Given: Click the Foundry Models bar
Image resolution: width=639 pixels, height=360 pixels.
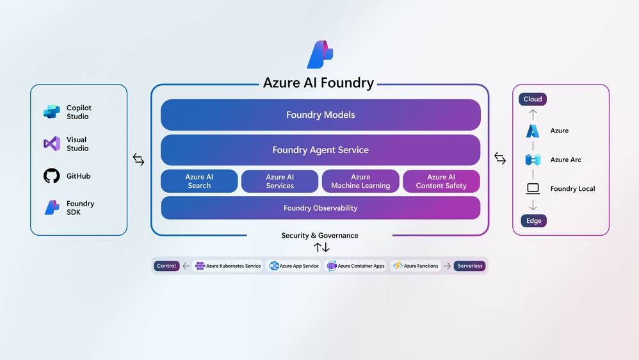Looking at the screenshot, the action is coord(321,115).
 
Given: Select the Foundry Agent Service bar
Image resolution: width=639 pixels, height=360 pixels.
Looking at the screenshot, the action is coord(321,150).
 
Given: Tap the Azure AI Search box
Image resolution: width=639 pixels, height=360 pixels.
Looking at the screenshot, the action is coord(199,181).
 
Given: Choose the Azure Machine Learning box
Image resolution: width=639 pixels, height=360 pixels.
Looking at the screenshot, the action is coord(360,181).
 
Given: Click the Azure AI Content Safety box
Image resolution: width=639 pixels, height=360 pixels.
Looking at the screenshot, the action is coord(441,181).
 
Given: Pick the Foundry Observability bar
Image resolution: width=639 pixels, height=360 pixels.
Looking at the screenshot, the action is coord(321,208).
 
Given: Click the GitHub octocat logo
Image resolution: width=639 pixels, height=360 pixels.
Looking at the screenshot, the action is coord(52,176).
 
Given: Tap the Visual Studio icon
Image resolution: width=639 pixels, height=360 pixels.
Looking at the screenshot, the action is coord(52,143).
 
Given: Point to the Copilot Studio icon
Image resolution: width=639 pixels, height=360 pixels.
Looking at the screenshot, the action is coord(52,111).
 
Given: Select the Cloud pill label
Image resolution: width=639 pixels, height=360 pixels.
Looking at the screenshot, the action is coord(533,99).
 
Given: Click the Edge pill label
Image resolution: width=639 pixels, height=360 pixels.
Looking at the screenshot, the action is coord(534,220).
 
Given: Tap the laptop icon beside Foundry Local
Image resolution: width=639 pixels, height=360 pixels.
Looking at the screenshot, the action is coord(533,188).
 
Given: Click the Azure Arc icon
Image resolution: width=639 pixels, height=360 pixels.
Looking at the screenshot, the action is coord(533,160).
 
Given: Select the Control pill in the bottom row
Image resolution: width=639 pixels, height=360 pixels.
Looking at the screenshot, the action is coord(166,266).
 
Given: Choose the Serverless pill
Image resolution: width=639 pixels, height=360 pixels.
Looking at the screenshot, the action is coord(469,266).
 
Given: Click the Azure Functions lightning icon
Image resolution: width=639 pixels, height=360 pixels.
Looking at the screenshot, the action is coord(398,266).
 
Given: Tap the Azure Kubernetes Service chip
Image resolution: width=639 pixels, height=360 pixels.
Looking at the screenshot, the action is coord(228,266).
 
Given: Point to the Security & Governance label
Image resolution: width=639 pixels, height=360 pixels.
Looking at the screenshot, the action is coord(320,235).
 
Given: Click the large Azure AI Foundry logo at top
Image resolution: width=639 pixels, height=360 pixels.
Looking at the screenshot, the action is coord(320,54).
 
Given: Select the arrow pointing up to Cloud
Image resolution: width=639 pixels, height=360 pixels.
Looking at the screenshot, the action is coord(533,115).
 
